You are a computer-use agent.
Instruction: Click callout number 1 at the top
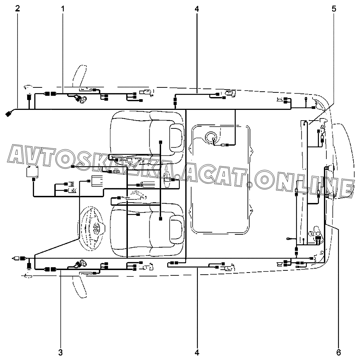[x=63, y=9]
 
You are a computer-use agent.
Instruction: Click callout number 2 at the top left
[x=17, y=9]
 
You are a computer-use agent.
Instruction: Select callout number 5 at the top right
[x=334, y=9]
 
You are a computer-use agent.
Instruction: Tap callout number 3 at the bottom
[x=60, y=352]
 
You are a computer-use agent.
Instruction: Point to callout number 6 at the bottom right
[x=338, y=352]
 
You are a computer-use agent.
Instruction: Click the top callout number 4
[x=196, y=9]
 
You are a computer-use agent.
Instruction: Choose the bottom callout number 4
[x=196, y=352]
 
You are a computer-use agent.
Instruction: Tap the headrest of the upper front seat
[x=177, y=137]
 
